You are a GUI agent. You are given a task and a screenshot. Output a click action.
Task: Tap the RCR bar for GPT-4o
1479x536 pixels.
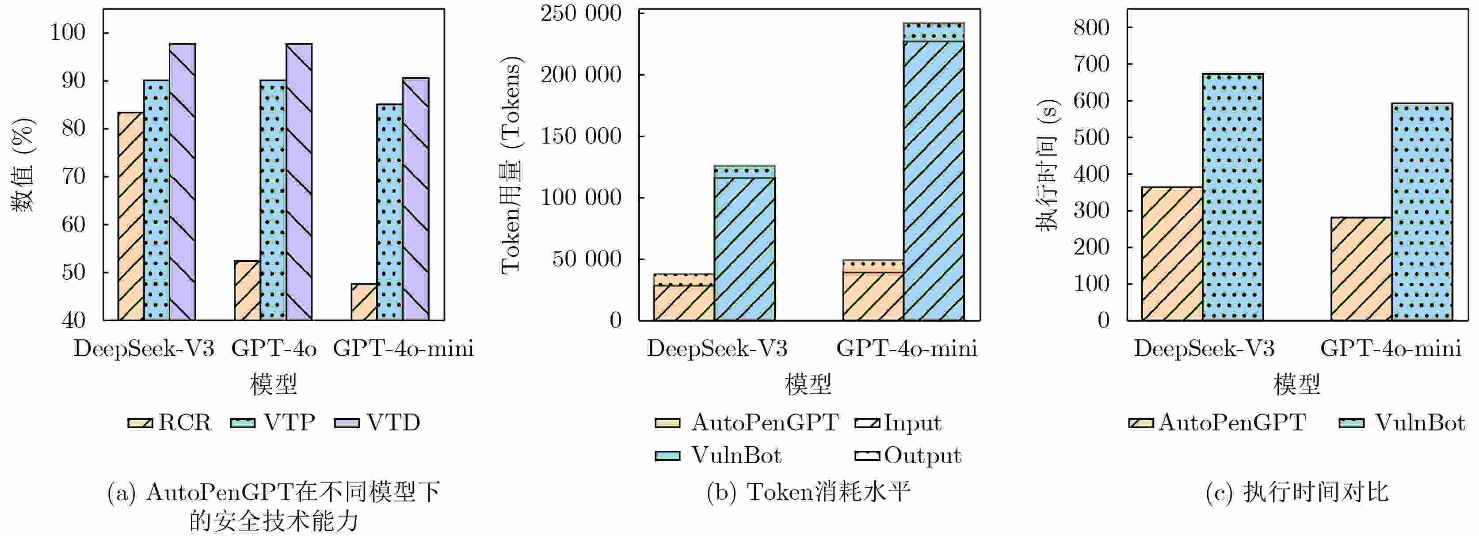[x=247, y=290]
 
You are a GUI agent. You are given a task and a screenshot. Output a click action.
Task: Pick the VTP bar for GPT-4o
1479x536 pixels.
[x=273, y=200]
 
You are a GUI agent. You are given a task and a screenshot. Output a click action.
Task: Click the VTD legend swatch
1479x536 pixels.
[x=347, y=423]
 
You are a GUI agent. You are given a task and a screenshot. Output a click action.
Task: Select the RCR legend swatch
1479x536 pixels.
[x=140, y=423]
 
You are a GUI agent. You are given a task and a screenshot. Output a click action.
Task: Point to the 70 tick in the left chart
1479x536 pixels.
[x=73, y=176]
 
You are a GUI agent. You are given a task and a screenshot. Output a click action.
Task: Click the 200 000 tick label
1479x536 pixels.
[x=580, y=75]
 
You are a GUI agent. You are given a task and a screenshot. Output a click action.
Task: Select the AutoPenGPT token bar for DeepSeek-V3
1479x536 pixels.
[x=684, y=297]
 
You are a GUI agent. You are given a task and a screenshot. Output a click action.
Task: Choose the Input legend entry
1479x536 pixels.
[x=898, y=423]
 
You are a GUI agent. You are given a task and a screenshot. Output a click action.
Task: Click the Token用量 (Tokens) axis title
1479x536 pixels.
[x=511, y=165]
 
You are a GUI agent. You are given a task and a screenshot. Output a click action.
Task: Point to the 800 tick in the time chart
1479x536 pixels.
[x=1091, y=27]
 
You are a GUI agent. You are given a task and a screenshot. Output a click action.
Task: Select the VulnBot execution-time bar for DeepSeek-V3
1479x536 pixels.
[x=1233, y=196]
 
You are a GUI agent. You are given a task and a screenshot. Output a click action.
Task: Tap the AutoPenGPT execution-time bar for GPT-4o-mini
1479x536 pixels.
[x=1361, y=269]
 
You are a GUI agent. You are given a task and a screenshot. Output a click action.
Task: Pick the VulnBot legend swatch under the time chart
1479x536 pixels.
[x=1351, y=423]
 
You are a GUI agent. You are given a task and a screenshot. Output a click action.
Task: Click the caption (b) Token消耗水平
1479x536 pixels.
[x=808, y=492]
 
